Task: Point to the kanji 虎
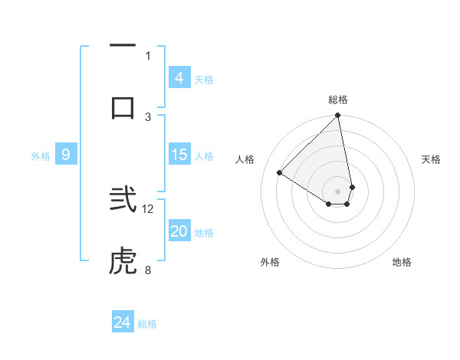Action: click(123, 262)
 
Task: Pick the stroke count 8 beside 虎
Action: click(148, 270)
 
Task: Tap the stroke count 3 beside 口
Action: click(148, 116)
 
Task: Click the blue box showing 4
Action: click(179, 78)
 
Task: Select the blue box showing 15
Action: click(179, 155)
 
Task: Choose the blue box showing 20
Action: click(179, 231)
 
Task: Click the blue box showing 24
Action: click(122, 322)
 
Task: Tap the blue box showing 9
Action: click(66, 155)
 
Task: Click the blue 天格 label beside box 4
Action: click(204, 80)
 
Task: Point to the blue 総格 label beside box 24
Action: click(147, 324)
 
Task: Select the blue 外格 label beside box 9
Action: click(41, 156)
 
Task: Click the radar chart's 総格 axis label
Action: click(338, 100)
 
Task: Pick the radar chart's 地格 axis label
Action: click(402, 262)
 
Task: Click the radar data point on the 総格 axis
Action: click(338, 116)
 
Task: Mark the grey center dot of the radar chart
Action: click(338, 191)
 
